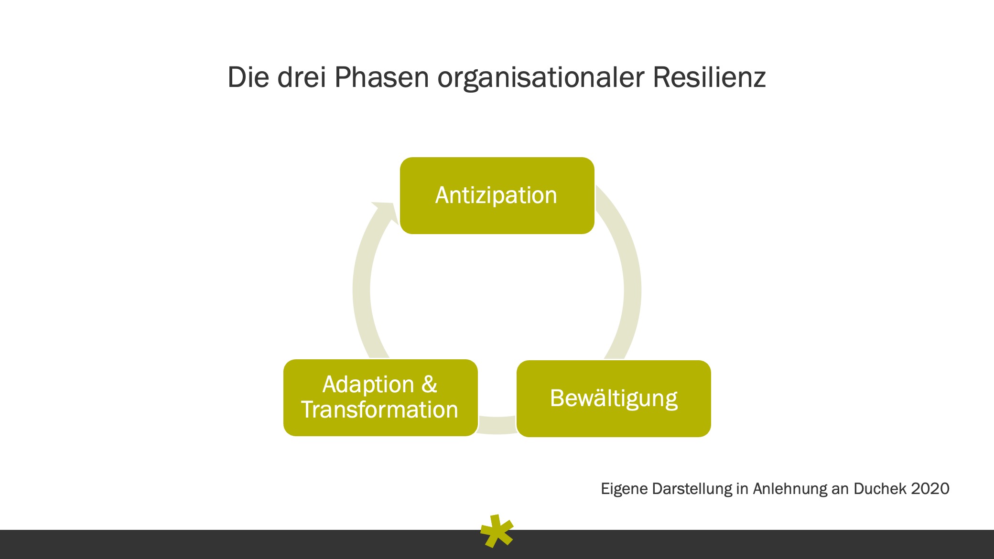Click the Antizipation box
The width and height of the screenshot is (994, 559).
coord(497,195)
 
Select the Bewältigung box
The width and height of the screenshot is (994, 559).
coord(614,398)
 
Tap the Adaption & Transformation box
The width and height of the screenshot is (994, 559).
coord(380,398)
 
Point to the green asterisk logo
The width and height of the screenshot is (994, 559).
coord(497,531)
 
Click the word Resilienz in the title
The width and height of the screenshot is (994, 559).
coord(709,77)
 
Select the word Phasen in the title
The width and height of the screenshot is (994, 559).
coord(381,77)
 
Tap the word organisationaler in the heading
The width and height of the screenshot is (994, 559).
coord(540,78)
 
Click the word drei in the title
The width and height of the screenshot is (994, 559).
coord(302,77)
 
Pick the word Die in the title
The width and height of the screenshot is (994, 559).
coord(248,77)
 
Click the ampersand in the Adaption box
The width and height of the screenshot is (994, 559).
coord(429,384)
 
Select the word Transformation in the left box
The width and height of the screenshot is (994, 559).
coord(379,410)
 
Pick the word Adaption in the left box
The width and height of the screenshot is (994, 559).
coord(368,385)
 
